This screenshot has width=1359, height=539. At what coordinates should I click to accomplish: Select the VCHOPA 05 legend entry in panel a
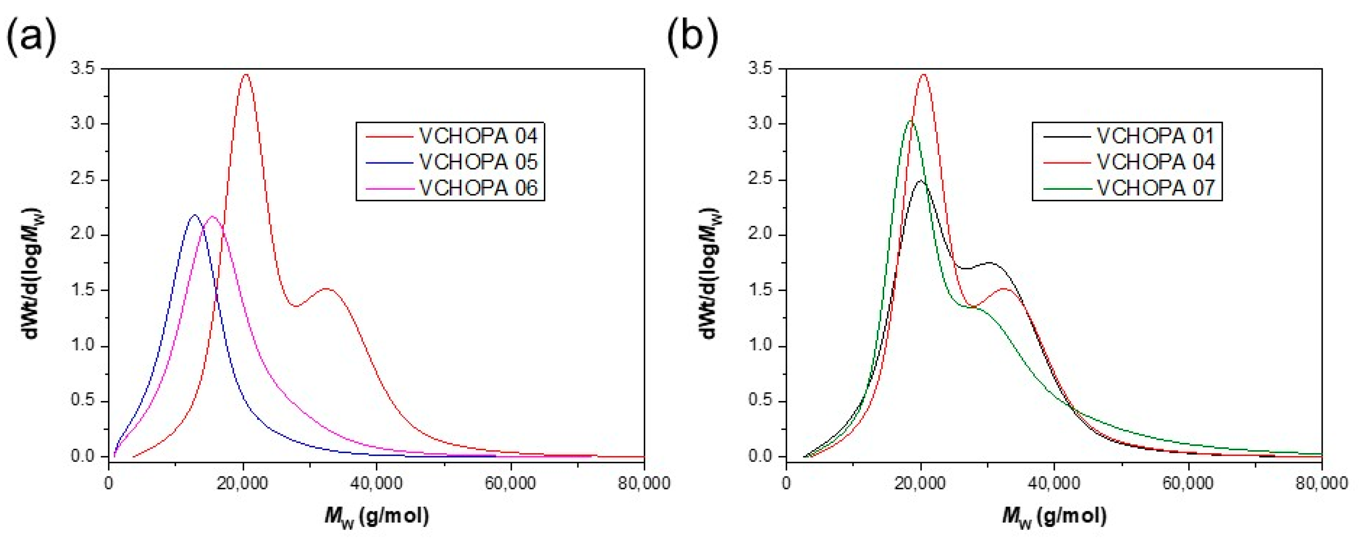click(x=478, y=162)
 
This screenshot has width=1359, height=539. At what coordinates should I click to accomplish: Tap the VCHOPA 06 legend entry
click(x=478, y=188)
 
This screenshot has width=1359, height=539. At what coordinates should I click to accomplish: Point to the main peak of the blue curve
click(x=195, y=216)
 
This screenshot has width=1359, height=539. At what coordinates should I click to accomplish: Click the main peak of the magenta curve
click(x=213, y=216)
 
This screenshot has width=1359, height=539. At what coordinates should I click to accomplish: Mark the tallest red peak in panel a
click(x=245, y=75)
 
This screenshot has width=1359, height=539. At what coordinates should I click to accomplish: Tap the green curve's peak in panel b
click(x=911, y=121)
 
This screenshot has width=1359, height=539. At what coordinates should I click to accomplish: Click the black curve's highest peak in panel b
click(x=921, y=181)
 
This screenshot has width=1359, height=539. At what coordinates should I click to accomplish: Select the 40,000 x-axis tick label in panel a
click(x=376, y=483)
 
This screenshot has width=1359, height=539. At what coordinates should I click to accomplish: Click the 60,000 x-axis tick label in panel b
click(x=1188, y=483)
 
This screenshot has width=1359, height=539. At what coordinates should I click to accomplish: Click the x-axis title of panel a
click(x=376, y=516)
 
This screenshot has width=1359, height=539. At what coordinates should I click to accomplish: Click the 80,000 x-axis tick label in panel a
click(x=644, y=483)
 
